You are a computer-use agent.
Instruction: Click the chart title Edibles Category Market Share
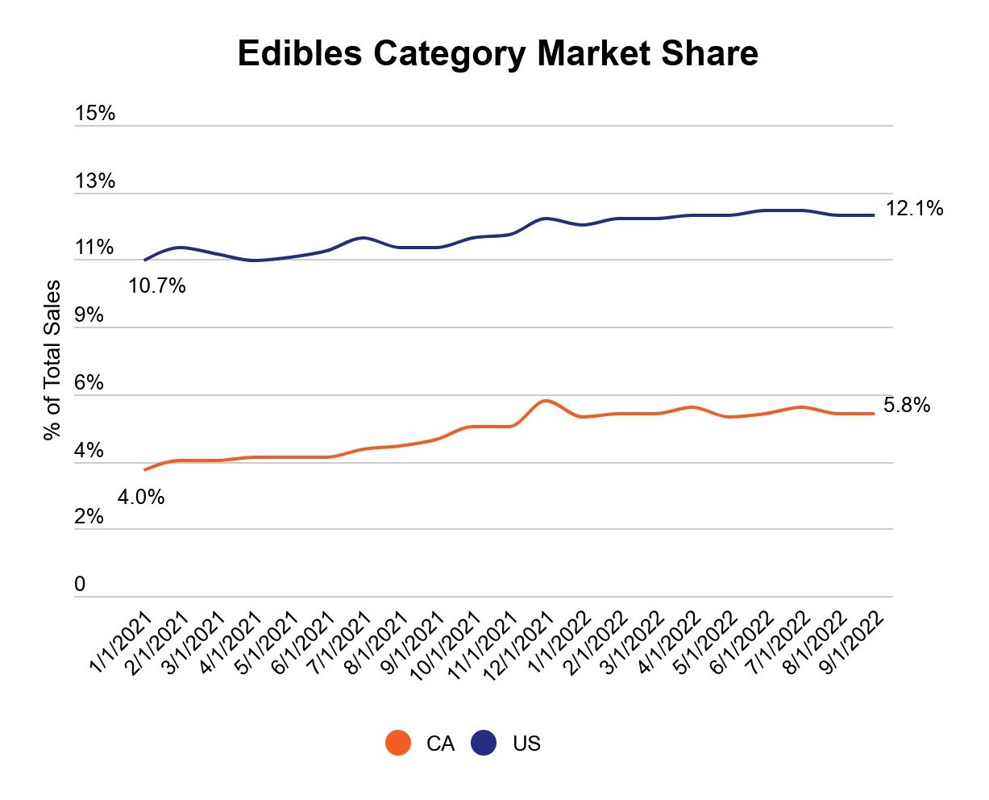click(497, 54)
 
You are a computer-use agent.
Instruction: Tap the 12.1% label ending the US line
click(914, 209)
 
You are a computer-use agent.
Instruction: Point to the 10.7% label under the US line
click(157, 285)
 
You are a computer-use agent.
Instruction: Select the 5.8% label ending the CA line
click(907, 406)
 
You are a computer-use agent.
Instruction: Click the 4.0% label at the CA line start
click(141, 498)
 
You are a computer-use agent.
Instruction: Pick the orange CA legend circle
click(398, 743)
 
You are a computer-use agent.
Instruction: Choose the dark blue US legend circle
click(484, 743)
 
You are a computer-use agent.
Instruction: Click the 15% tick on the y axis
click(95, 114)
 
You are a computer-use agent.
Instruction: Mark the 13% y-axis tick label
click(95, 181)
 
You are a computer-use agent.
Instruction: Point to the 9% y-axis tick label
click(89, 315)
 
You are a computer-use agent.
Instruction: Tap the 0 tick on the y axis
click(80, 585)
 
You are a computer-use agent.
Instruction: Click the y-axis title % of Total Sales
click(52, 360)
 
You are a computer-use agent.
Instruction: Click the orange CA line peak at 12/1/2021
click(546, 401)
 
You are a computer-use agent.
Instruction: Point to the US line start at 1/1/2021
click(145, 260)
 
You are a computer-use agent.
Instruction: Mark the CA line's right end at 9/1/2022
click(874, 414)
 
